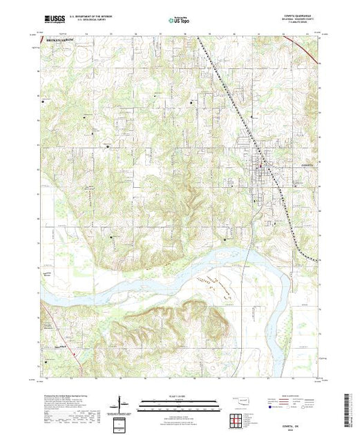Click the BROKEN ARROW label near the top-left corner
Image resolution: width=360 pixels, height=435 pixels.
(60, 41)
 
